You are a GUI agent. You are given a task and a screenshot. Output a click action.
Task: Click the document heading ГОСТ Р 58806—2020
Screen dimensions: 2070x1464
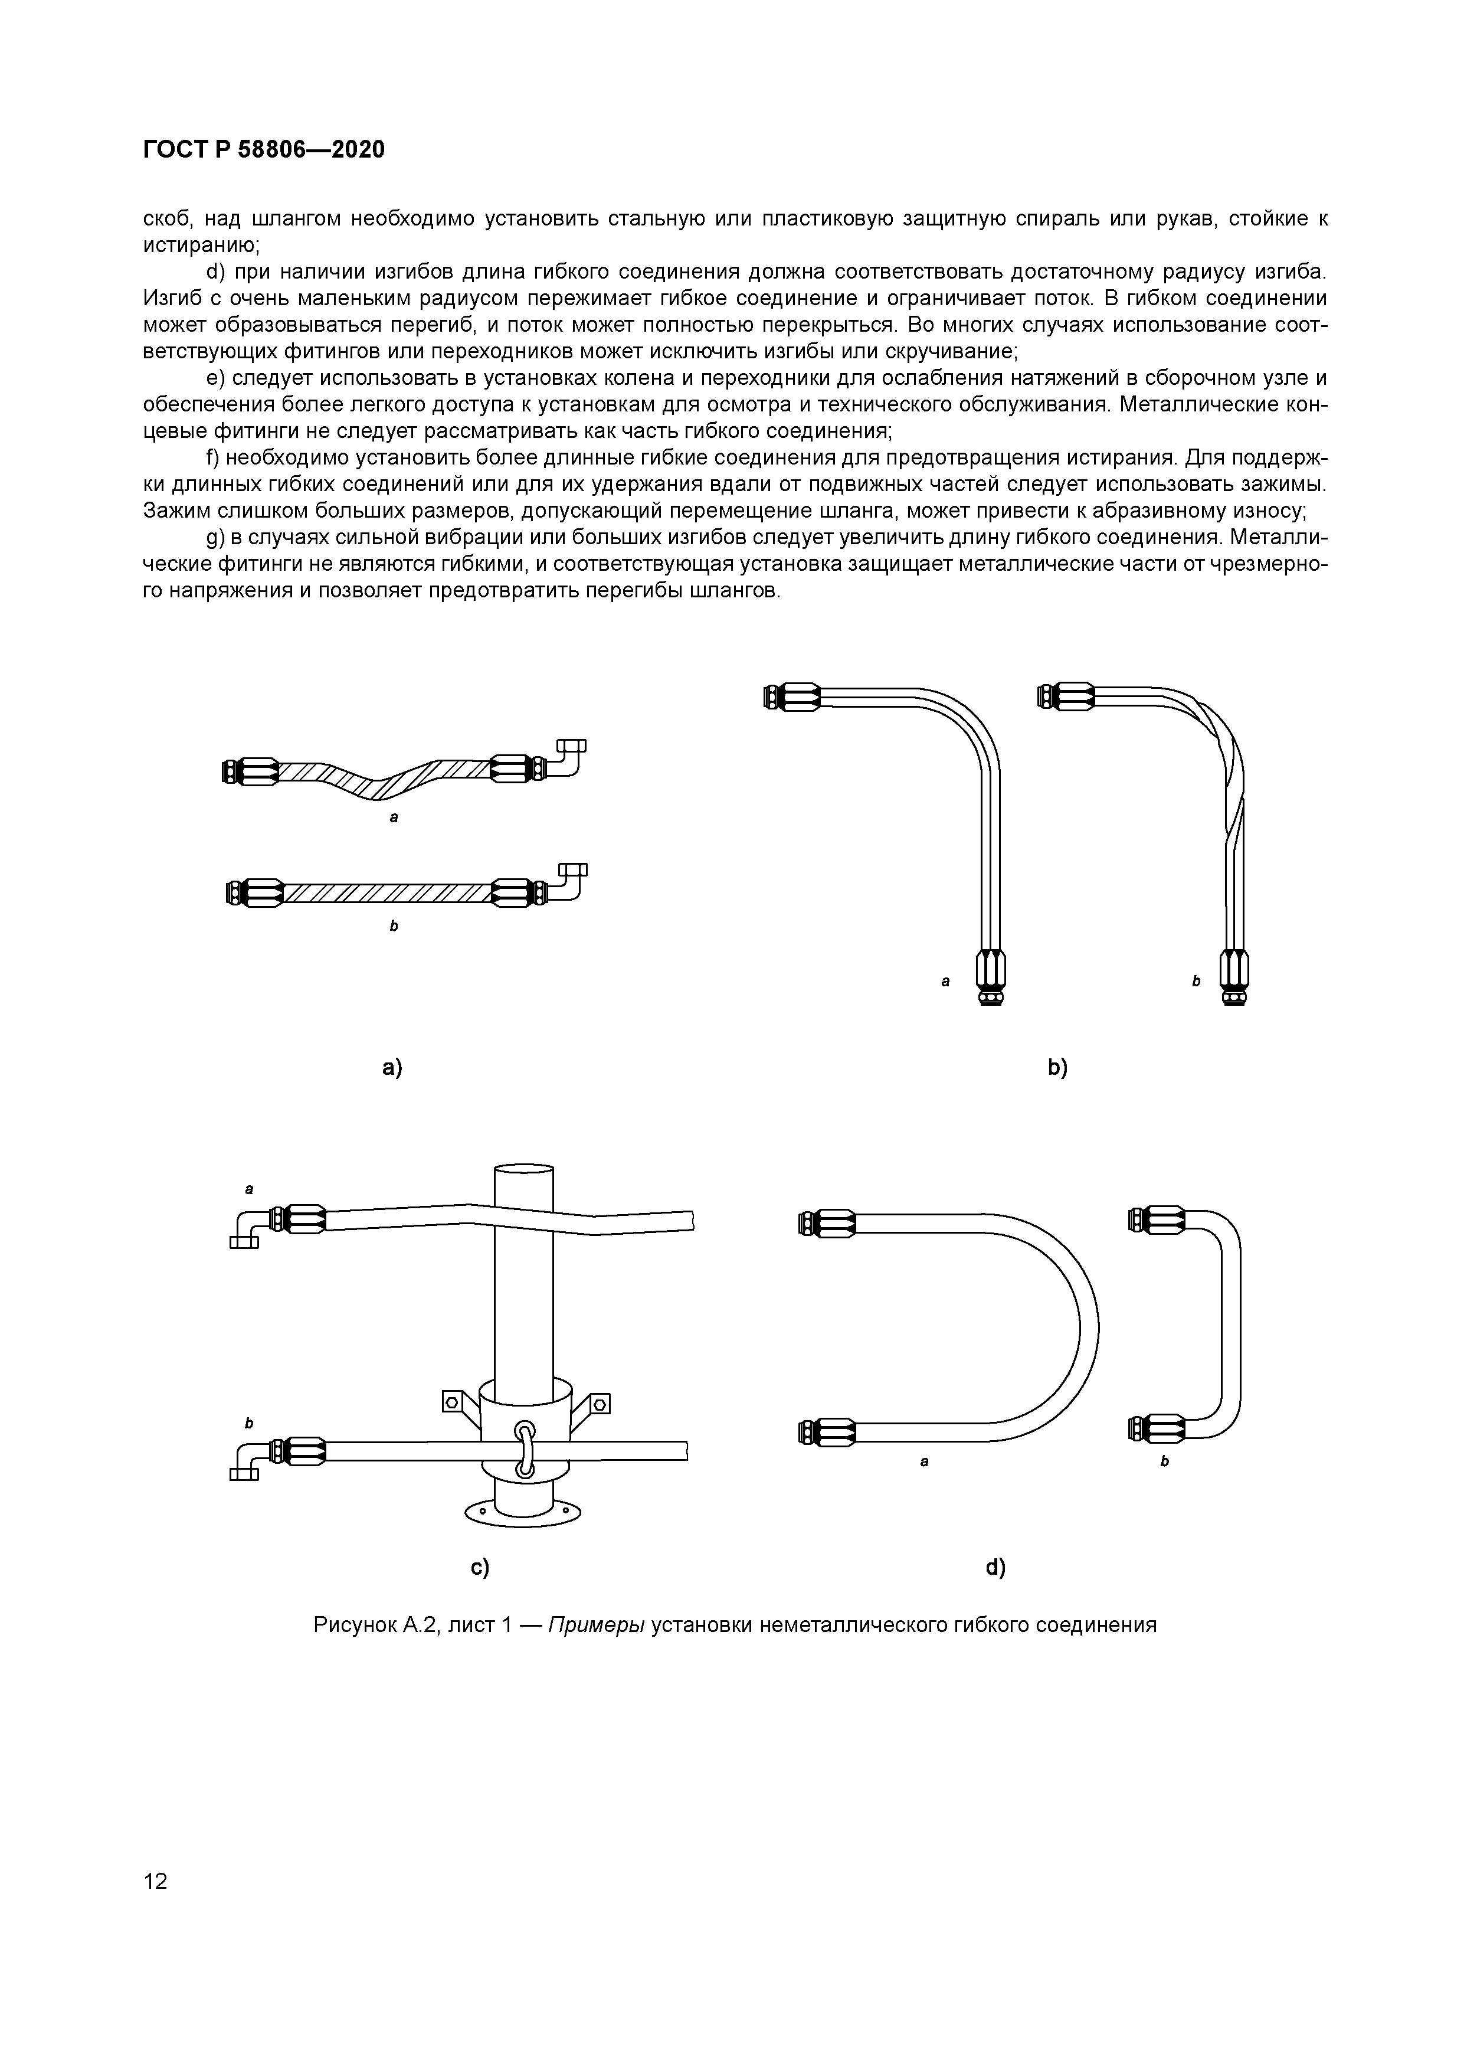(x=263, y=150)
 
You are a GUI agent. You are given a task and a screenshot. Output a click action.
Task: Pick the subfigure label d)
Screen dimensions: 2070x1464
(x=995, y=1568)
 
